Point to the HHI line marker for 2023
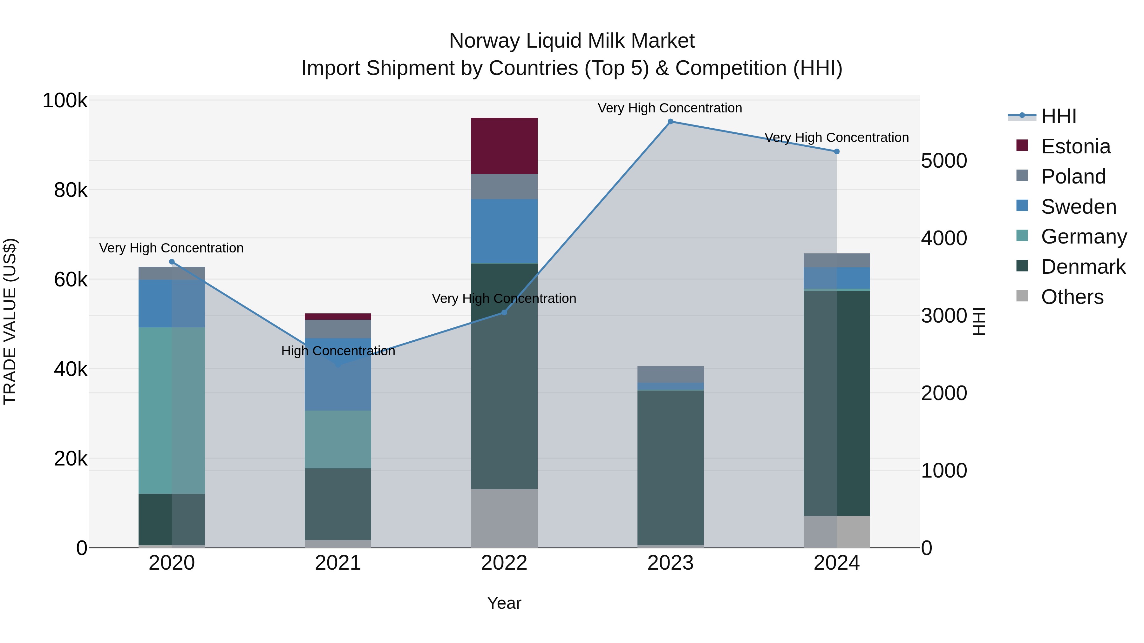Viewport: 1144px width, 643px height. click(671, 122)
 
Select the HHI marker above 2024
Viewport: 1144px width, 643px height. click(837, 151)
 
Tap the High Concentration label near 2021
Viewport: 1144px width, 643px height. click(338, 351)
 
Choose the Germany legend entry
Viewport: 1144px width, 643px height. click(1083, 237)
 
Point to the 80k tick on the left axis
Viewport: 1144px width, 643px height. click(70, 191)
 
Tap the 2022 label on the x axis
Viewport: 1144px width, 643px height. click(504, 563)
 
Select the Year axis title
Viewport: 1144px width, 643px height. click(504, 603)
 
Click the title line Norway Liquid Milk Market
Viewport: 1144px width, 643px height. click(572, 41)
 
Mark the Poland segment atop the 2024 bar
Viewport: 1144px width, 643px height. click(837, 260)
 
